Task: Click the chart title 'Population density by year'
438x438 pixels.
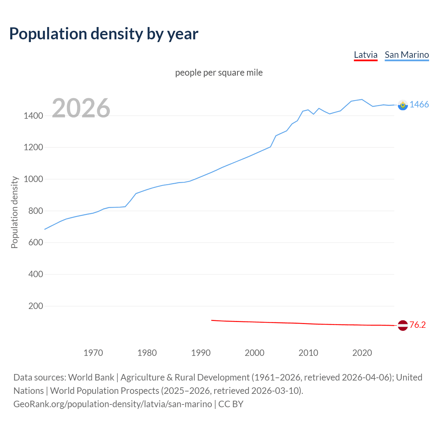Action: (x=104, y=34)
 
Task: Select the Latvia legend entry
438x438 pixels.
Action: (x=365, y=55)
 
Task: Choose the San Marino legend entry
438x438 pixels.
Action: (x=407, y=55)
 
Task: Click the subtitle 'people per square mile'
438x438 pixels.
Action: (x=219, y=73)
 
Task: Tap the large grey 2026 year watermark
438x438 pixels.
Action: (x=81, y=108)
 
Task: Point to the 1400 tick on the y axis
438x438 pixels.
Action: (x=33, y=116)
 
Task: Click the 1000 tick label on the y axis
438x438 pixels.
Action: (x=33, y=179)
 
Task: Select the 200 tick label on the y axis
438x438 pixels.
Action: (x=36, y=306)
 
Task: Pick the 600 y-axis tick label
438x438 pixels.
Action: (x=36, y=243)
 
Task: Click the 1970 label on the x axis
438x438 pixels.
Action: (x=93, y=353)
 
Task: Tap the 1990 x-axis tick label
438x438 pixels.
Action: (x=201, y=353)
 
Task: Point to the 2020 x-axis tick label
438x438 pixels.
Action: (x=362, y=353)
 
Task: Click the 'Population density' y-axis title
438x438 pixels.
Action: (x=14, y=212)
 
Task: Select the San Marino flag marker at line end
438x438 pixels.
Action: (x=403, y=105)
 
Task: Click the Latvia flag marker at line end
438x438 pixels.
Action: (x=403, y=325)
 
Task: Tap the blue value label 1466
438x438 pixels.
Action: (x=419, y=105)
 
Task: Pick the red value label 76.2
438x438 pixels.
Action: (x=417, y=325)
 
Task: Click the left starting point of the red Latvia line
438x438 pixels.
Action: (x=212, y=320)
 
